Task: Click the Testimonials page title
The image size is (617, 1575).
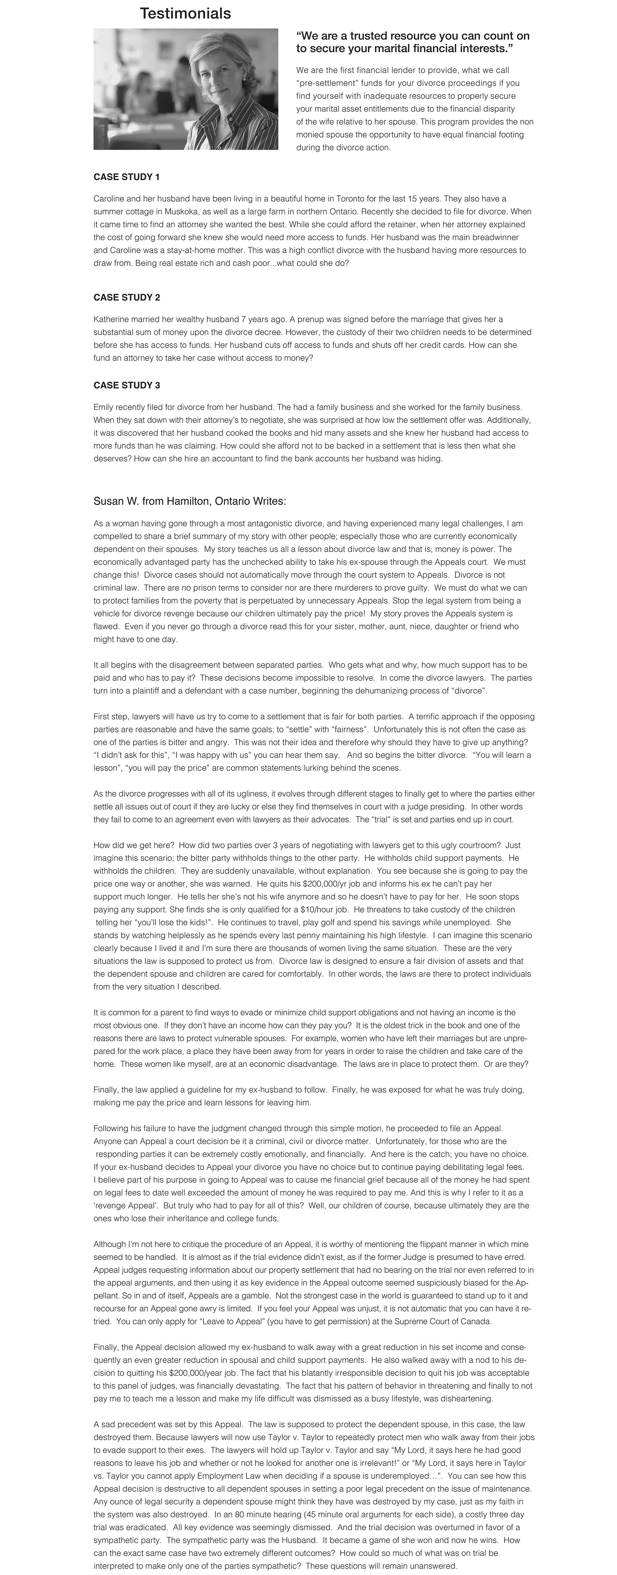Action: click(185, 14)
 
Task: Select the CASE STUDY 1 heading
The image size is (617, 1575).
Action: click(127, 177)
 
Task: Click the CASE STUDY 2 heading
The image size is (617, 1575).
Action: click(127, 298)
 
